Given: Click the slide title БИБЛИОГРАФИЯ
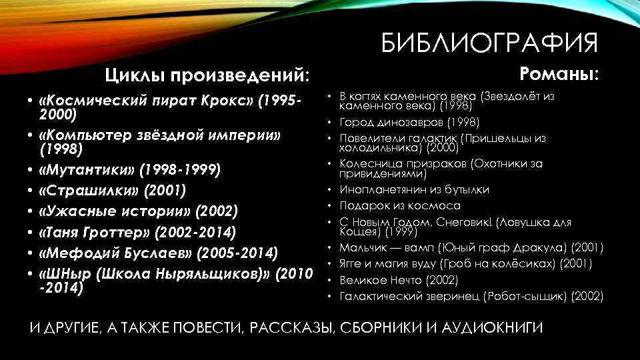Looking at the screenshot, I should [491, 45].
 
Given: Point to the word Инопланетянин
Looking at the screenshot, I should [381, 190].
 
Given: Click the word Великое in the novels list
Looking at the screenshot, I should [363, 279].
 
